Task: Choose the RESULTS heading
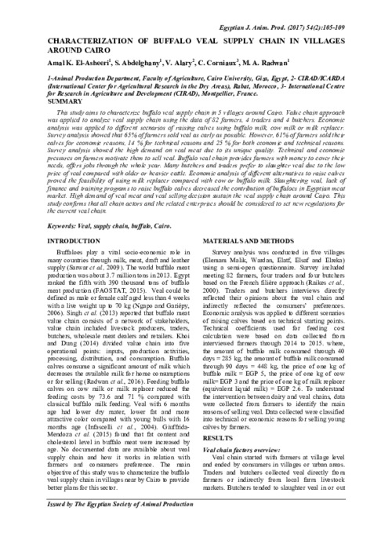[219, 436]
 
